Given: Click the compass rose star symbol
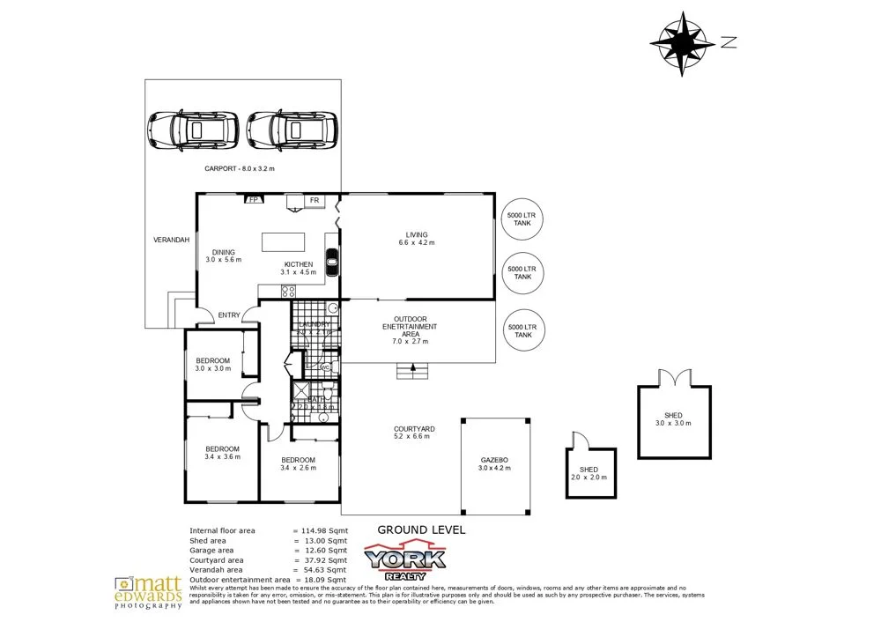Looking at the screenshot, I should point(683,41).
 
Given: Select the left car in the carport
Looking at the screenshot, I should point(193,130).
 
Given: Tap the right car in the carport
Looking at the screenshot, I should point(292,130).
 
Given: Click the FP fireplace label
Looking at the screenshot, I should point(254,201).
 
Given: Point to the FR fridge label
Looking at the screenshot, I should point(313,201).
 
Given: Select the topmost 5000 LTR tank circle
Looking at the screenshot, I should point(522,220).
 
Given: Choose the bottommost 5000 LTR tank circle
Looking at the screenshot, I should point(522,331).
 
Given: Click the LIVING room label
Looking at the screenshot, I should point(417,233).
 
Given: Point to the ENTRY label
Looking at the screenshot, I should point(229,315).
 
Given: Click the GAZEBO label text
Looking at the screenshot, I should point(494,460).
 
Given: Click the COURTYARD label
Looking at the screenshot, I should point(414,429).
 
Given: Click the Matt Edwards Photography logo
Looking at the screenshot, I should point(148,592).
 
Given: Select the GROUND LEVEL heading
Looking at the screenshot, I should point(420,529).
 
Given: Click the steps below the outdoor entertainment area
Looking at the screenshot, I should point(414,373).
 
